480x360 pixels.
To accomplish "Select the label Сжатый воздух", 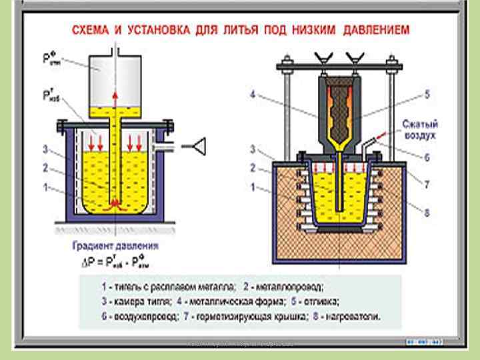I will pos(419,129).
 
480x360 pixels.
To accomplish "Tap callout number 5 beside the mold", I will pos(427,94).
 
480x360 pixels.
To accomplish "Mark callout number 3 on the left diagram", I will pos(44,148).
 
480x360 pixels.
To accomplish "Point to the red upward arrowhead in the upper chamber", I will pos(115,95).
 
